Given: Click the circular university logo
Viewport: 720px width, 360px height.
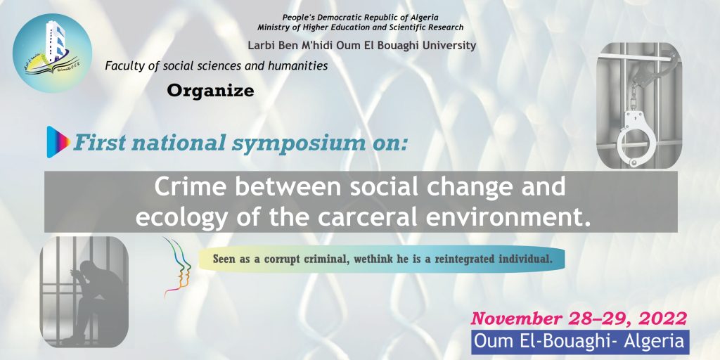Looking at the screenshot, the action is click(52, 53).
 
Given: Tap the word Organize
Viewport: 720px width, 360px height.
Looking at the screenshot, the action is click(210, 91).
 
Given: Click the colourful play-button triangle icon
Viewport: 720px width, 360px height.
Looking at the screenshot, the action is click(58, 142).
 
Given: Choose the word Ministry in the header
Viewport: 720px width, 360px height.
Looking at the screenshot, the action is click(271, 27).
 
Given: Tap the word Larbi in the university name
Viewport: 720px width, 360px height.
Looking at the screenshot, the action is click(259, 46).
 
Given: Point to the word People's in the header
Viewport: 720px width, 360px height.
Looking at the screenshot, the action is click(297, 18).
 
